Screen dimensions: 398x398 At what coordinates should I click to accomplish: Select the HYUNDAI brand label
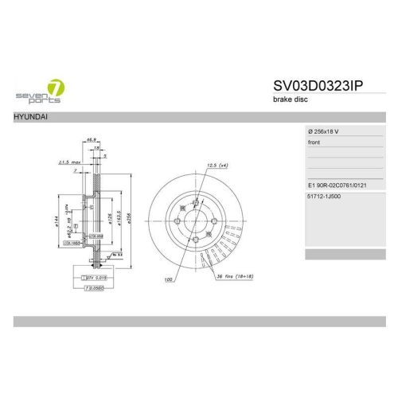29,117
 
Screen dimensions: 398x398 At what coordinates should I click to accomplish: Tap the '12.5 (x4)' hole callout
217,167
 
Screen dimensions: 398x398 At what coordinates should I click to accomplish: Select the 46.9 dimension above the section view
92,139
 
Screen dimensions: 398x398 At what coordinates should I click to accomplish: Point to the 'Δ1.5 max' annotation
68,162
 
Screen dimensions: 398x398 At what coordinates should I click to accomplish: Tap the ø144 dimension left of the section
60,220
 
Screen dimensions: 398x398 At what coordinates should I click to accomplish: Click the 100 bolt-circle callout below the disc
169,279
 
